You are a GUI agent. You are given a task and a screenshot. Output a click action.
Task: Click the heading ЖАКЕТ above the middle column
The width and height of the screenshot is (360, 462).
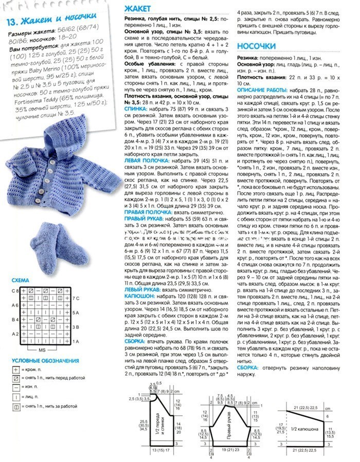point(138,9)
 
